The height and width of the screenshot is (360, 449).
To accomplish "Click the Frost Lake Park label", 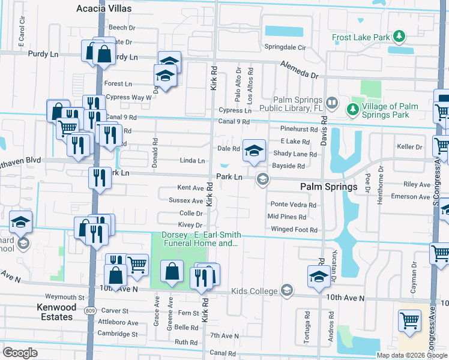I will (x=361, y=37).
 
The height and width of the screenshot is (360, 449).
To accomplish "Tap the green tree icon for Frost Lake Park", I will (x=398, y=37).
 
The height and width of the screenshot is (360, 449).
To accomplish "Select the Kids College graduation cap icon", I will (x=287, y=291).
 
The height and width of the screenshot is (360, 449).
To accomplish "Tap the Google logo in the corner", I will (x=20, y=352).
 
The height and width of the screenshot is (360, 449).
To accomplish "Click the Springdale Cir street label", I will (x=286, y=47).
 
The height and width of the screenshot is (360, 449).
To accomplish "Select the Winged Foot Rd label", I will (x=294, y=229).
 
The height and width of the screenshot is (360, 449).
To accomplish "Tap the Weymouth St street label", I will (x=65, y=297).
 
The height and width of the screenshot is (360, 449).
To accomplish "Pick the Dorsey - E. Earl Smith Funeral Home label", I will (x=201, y=239).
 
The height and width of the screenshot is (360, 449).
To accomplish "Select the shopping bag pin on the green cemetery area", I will (x=172, y=271).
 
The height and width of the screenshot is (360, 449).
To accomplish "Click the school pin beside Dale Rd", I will (x=254, y=150).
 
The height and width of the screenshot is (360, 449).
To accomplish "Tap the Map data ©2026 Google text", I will (x=412, y=355).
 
